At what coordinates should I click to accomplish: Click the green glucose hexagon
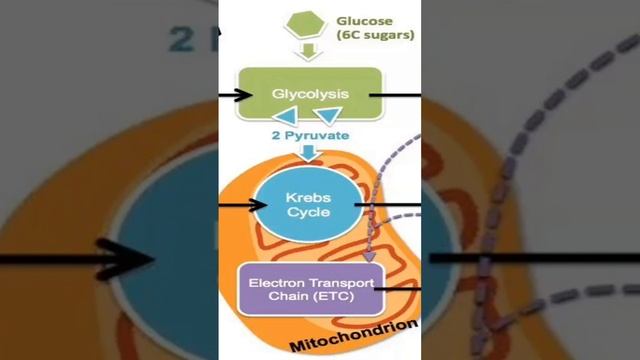(x=305, y=25)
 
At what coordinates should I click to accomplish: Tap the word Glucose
(x=364, y=21)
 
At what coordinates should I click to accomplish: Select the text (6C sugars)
(x=376, y=35)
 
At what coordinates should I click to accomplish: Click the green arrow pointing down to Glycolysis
(x=309, y=52)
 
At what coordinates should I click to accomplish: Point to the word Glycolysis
(x=310, y=94)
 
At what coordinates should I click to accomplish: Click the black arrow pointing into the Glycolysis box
(x=236, y=96)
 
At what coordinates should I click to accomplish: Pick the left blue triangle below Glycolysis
(x=286, y=116)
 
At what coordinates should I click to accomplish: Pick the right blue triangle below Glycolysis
(x=329, y=116)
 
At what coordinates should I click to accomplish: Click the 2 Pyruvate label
(x=311, y=135)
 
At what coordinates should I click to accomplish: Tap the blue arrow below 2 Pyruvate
(x=309, y=153)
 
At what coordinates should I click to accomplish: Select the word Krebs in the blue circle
(x=308, y=198)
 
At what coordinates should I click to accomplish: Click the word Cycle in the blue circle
(x=308, y=212)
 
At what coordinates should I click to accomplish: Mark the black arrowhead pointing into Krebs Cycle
(x=258, y=205)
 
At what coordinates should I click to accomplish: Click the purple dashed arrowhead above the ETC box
(x=369, y=257)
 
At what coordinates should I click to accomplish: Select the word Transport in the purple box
(x=341, y=283)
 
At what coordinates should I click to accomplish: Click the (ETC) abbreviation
(x=333, y=296)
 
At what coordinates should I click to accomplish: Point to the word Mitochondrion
(x=354, y=336)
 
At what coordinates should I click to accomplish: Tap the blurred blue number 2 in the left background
(x=181, y=39)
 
